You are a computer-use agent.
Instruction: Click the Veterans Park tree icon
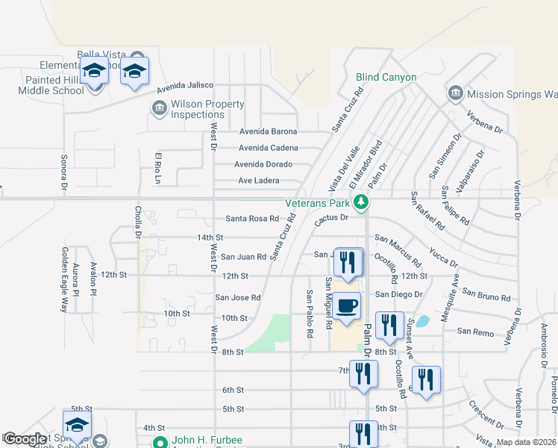pos(361,202)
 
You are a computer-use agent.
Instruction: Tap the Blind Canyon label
pos(386,77)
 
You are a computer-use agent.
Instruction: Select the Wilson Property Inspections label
pos(198,109)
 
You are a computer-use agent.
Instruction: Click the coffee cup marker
pos(347,306)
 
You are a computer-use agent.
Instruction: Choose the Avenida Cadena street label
pos(268,148)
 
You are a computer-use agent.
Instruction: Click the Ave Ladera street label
pos(258,181)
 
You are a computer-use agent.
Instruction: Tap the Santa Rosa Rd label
pos(252,219)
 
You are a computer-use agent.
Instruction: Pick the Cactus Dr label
pos(331,218)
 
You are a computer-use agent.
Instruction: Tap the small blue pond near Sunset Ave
pos(422,322)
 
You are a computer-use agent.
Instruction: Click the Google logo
pos(25,439)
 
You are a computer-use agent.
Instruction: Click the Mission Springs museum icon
pos(454,93)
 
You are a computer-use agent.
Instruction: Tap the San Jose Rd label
pos(238,297)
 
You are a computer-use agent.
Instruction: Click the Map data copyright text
pos(525,442)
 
